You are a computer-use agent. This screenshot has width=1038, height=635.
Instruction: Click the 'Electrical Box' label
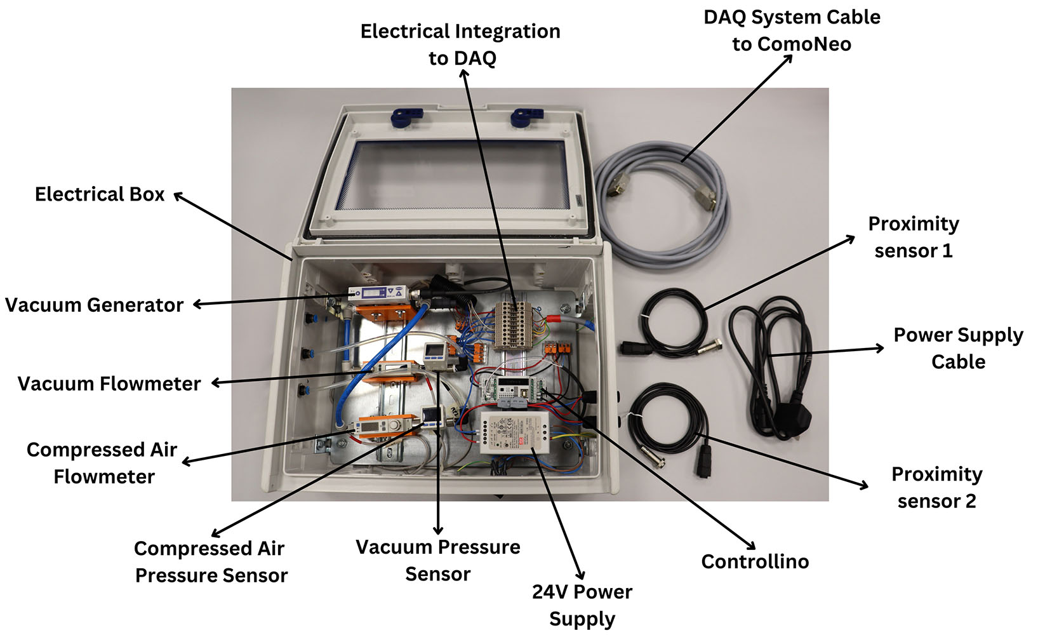[x=100, y=194]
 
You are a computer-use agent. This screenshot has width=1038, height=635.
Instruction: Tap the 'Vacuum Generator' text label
[x=94, y=305]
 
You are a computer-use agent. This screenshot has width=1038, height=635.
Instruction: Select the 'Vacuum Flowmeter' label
[x=109, y=384]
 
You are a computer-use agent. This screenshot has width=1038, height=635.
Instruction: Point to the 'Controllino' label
[x=755, y=561]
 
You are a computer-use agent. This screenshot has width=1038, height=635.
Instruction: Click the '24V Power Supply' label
[x=582, y=605]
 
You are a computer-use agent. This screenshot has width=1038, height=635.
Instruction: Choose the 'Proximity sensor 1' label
[x=914, y=237]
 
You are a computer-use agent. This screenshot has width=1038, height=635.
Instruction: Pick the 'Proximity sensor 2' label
[x=936, y=487]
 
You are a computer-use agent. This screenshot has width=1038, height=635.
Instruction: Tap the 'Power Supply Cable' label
[x=958, y=348]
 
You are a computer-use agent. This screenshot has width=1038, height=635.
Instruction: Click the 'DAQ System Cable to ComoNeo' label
[x=792, y=30]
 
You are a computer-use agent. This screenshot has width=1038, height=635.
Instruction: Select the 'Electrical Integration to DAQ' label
[x=460, y=44]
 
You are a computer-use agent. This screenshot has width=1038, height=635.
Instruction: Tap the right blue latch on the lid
[x=526, y=117]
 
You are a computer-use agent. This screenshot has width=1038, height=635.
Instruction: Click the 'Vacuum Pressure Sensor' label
[x=437, y=560]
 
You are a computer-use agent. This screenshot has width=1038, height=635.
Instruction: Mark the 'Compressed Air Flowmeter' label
[x=103, y=463]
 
